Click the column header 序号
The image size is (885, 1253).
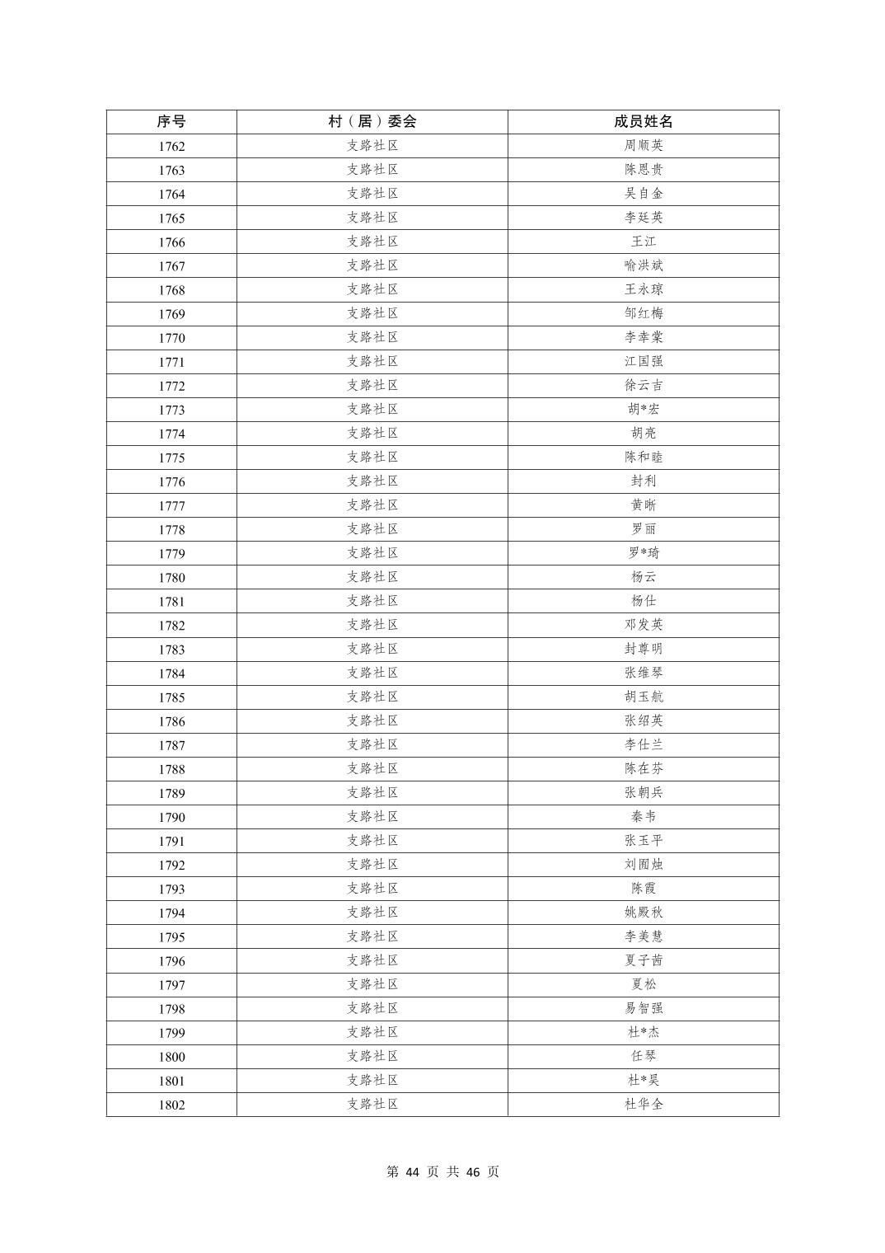click(x=171, y=122)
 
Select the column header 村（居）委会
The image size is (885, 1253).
click(x=372, y=122)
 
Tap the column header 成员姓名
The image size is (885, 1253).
click(x=643, y=122)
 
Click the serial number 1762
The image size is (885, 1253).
click(x=171, y=147)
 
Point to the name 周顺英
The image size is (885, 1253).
click(x=643, y=146)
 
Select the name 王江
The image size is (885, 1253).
click(x=643, y=242)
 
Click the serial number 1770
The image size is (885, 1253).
click(x=171, y=338)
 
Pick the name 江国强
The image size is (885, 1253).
click(x=643, y=361)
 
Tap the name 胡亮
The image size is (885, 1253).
click(x=643, y=433)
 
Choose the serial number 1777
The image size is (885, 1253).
click(x=171, y=506)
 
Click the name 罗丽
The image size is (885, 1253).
click(x=643, y=529)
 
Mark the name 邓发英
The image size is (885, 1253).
click(x=643, y=625)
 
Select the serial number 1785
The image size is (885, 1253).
click(x=171, y=697)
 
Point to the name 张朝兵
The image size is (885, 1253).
click(x=643, y=792)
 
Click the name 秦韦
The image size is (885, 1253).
click(x=643, y=816)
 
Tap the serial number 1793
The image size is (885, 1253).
click(x=171, y=889)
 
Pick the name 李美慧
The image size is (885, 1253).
click(x=643, y=936)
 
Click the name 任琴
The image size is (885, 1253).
click(x=643, y=1056)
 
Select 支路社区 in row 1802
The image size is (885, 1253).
click(x=372, y=1104)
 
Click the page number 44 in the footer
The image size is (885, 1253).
click(x=414, y=1172)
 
